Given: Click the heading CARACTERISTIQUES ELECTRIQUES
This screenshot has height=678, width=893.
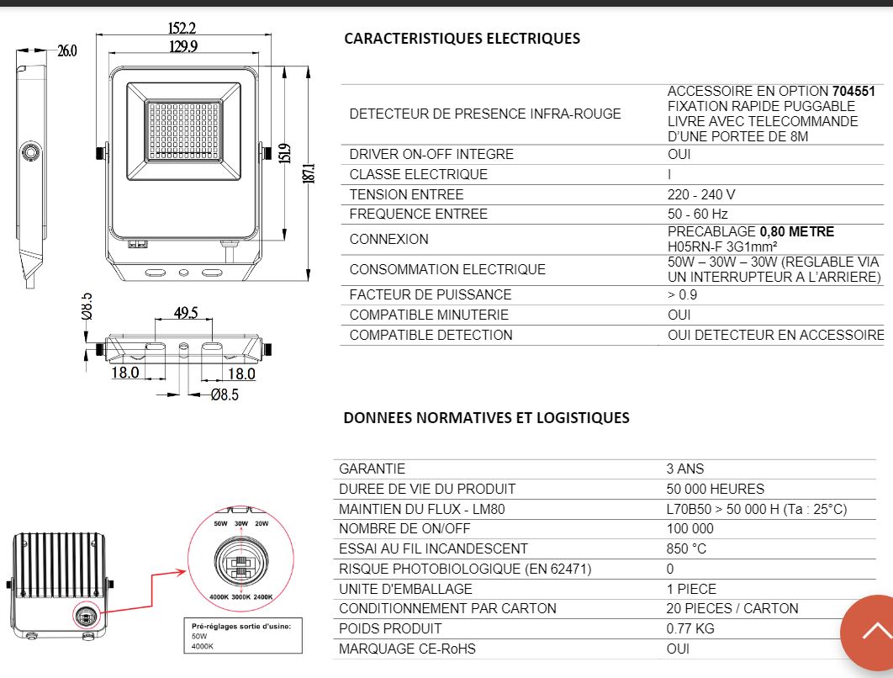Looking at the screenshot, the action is (462, 39).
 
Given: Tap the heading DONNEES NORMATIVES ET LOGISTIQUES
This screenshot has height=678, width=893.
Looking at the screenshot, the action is (486, 417).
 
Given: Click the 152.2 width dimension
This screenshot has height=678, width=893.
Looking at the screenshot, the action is (182, 28).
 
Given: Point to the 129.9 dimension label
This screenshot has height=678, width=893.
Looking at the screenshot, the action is (183, 46).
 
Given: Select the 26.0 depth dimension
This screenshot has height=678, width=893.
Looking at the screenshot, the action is (67, 51).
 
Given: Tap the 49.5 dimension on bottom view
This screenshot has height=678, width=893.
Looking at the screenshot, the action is (186, 313).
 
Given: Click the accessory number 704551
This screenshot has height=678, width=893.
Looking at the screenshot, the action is (853, 91).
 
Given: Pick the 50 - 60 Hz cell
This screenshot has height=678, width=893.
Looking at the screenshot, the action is (698, 215).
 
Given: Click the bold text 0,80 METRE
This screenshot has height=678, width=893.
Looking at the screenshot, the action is (797, 232).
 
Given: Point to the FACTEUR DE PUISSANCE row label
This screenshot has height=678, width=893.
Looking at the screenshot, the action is (431, 294).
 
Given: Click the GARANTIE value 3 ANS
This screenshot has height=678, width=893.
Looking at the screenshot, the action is (685, 469).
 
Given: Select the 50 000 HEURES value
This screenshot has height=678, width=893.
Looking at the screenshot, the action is (716, 489).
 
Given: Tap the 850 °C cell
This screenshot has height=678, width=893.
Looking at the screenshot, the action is (686, 548).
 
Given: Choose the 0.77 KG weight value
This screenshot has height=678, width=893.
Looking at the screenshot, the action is (690, 628).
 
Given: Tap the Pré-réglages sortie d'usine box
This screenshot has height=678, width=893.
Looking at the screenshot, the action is (243, 636).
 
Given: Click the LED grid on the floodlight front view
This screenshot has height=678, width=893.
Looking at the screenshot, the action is (183, 130).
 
